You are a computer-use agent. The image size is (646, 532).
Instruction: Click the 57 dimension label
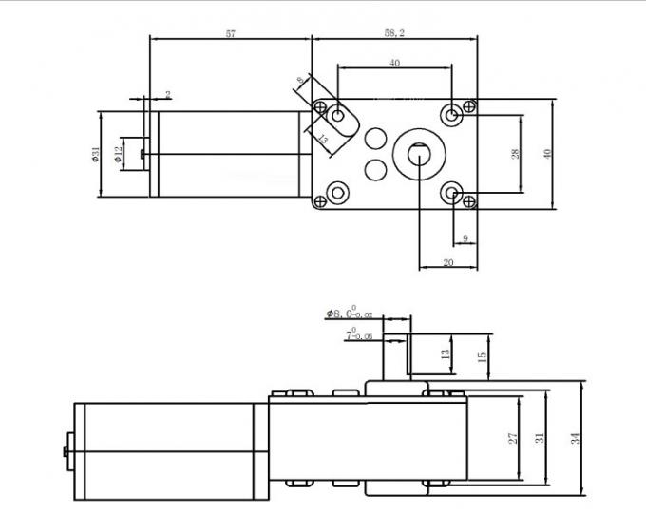[x=230, y=33]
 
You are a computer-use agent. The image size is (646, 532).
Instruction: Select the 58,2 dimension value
[x=392, y=33]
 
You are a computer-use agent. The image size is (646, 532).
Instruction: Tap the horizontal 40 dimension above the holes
[x=393, y=63]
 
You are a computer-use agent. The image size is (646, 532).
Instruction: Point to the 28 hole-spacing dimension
[x=514, y=154]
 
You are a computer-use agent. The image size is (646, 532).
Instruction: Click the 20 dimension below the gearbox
[x=447, y=262]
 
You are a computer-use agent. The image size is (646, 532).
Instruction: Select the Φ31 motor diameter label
[x=96, y=155]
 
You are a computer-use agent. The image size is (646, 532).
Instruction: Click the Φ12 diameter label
[x=119, y=154]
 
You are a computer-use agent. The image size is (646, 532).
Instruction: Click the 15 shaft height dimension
[x=482, y=356]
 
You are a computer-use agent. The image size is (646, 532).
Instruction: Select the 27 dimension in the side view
[x=512, y=438]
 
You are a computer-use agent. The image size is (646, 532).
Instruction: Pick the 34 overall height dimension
[x=574, y=438]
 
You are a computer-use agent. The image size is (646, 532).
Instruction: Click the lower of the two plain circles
[x=376, y=170]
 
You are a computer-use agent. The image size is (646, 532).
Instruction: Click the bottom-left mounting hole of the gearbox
[x=336, y=197]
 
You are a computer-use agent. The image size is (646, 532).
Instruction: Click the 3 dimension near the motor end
[x=168, y=95]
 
